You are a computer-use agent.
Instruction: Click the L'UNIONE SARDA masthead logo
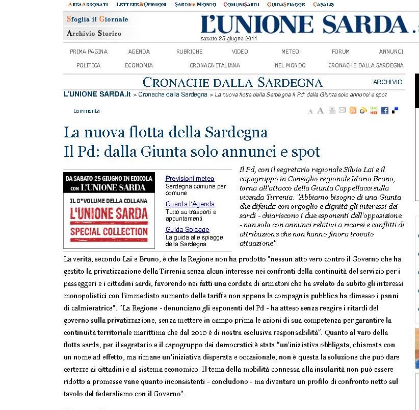305,25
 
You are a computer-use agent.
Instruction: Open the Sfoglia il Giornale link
97,19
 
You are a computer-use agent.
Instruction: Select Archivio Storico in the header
94,34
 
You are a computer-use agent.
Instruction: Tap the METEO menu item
290,52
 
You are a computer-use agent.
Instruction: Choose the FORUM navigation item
341,52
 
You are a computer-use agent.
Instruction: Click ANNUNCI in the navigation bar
391,52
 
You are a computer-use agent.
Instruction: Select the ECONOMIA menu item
139,65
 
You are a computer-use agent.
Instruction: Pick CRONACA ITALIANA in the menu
215,65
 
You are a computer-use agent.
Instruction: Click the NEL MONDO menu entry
290,65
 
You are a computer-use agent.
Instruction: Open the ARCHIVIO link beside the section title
387,82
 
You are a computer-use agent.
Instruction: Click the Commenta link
87,111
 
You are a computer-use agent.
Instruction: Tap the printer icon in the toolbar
332,110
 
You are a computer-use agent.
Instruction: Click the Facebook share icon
385,110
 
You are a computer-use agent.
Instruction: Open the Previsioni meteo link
190,179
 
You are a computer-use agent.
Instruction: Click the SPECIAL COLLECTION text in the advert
109,231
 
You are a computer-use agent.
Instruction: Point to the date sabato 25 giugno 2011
229,38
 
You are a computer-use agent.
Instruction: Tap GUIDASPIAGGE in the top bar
286,5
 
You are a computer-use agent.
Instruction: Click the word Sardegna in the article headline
235,132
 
